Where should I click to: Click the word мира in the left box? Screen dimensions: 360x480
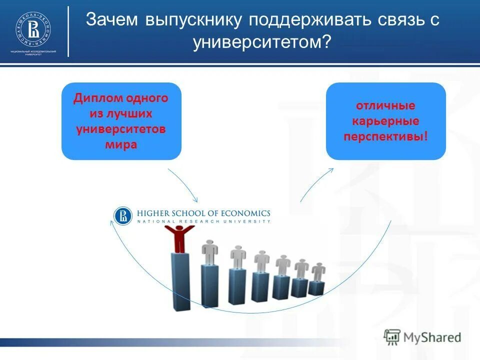121,145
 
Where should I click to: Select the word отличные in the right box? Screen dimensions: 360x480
385,106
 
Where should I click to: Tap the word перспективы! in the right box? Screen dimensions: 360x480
385,136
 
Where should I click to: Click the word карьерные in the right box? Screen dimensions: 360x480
385,121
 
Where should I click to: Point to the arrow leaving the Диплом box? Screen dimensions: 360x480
182,183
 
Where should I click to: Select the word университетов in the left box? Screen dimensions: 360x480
121,129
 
